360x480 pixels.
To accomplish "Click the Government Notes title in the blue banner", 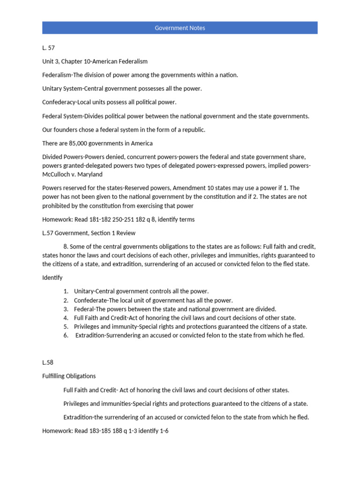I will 180,28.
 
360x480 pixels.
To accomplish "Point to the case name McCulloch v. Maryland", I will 72,174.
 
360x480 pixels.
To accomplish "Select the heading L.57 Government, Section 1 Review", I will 89,233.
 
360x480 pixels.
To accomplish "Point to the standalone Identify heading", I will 52,277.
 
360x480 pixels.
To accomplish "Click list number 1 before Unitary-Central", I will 66,291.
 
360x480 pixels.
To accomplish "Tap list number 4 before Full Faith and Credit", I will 66,318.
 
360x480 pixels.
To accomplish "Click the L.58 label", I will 48,362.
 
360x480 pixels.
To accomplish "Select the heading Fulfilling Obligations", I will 69,376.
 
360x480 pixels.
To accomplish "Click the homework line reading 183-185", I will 105,430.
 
